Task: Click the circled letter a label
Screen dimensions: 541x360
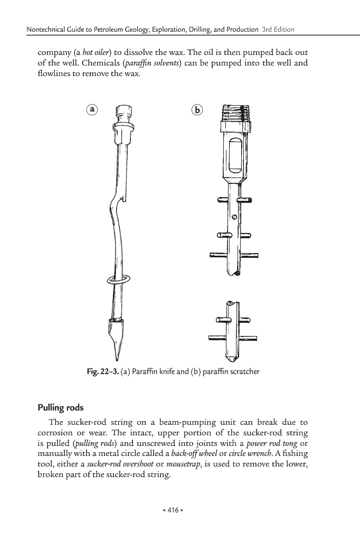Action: (x=92, y=109)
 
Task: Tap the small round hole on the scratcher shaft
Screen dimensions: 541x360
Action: (x=234, y=216)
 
